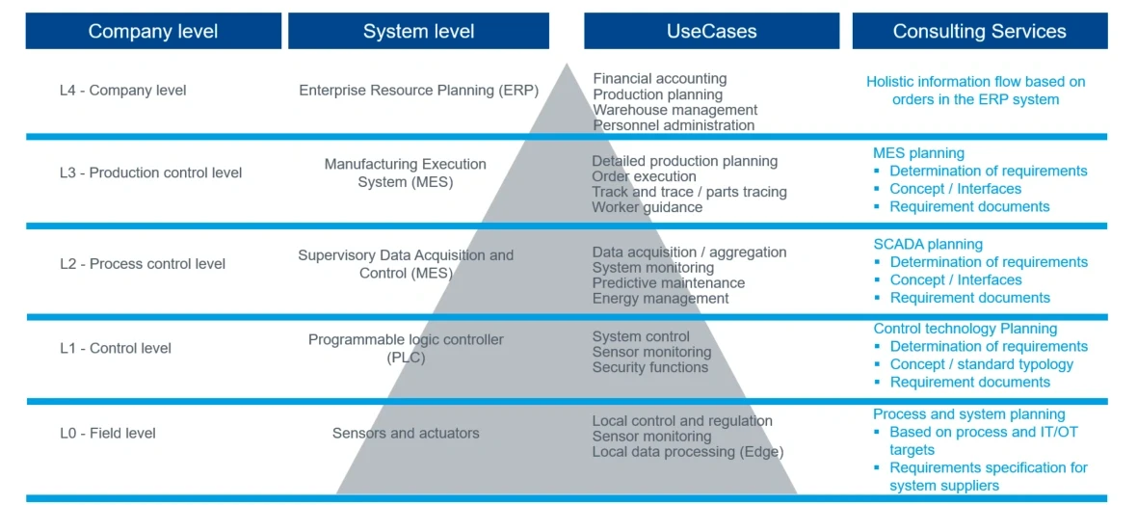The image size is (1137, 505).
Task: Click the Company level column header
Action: (152, 31)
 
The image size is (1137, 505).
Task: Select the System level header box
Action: (418, 31)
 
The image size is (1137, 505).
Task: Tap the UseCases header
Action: (711, 31)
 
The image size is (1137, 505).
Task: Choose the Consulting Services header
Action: (979, 31)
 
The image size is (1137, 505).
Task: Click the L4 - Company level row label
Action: (122, 91)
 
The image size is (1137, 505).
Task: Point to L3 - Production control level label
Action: (150, 173)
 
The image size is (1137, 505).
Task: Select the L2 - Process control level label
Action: (142, 264)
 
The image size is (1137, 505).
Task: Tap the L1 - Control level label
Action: (115, 348)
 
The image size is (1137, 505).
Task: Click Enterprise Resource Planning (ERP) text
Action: (418, 91)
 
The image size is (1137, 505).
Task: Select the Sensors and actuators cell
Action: (406, 434)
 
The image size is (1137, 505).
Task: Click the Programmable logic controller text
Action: (406, 340)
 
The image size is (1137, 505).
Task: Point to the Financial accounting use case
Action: (659, 79)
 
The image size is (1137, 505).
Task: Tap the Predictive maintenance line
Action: (668, 283)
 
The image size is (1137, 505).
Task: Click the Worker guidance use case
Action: (647, 207)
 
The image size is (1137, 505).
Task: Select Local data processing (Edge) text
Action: (687, 452)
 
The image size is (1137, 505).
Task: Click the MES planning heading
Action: (918, 153)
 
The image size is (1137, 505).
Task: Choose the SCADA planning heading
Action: (928, 245)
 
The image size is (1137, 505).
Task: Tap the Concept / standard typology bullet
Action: (981, 364)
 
